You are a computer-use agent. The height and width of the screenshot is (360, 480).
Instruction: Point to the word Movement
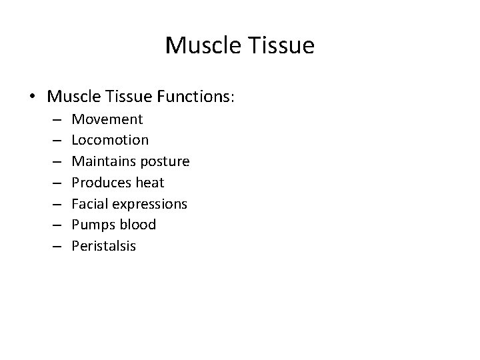pyautogui.click(x=107, y=119)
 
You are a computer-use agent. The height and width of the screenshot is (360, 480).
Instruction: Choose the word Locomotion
pyautogui.click(x=110, y=140)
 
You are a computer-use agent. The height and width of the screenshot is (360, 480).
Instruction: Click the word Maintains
pyautogui.click(x=102, y=161)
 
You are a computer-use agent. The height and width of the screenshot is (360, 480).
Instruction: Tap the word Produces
pyautogui.click(x=100, y=183)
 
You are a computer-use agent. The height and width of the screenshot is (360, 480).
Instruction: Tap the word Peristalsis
pyautogui.click(x=104, y=246)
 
